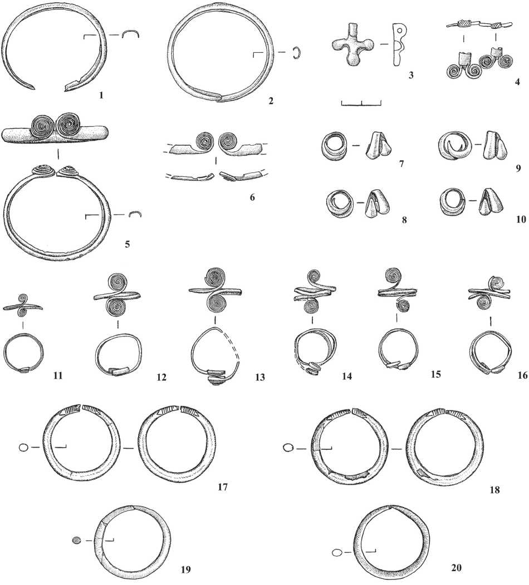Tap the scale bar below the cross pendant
(x=361, y=103)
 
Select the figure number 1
(x=101, y=95)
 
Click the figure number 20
(x=457, y=567)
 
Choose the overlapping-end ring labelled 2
(x=171, y=52)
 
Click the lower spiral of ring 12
(x=117, y=308)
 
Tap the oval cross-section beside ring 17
(x=23, y=447)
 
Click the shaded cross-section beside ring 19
(x=76, y=539)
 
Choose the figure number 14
(x=347, y=376)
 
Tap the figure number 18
(x=494, y=489)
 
